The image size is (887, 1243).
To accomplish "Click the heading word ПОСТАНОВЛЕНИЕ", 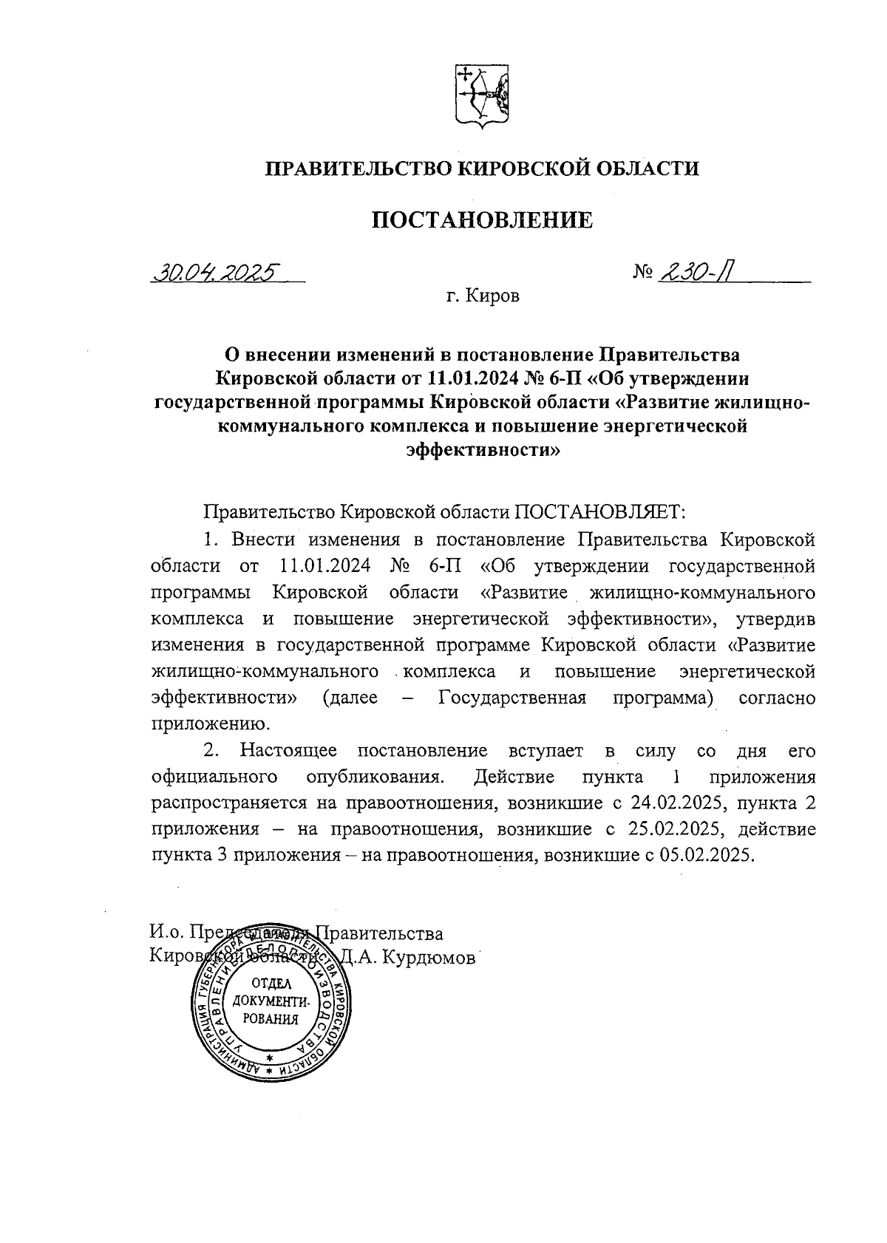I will point(481,219).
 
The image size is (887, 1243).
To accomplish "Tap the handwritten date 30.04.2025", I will point(214,273).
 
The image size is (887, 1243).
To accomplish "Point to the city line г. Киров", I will point(483,297).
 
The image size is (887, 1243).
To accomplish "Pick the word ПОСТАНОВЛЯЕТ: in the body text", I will point(600,511).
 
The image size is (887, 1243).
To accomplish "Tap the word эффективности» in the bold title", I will point(482,450).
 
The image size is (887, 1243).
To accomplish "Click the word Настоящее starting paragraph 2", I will point(288,751).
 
